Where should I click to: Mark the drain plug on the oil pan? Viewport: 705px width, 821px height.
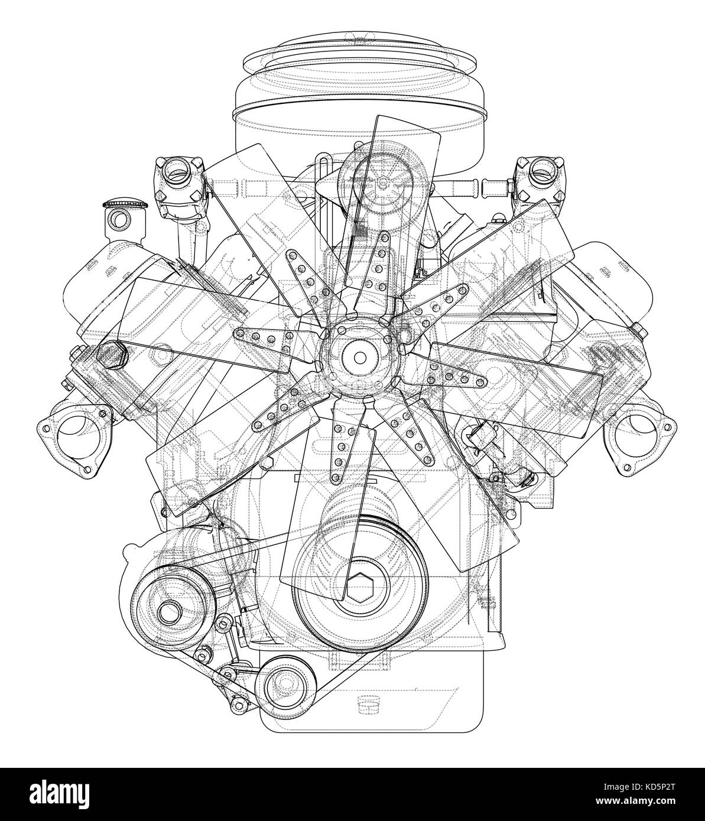[368, 703]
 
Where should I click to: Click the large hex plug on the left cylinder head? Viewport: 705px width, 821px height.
[110, 356]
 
